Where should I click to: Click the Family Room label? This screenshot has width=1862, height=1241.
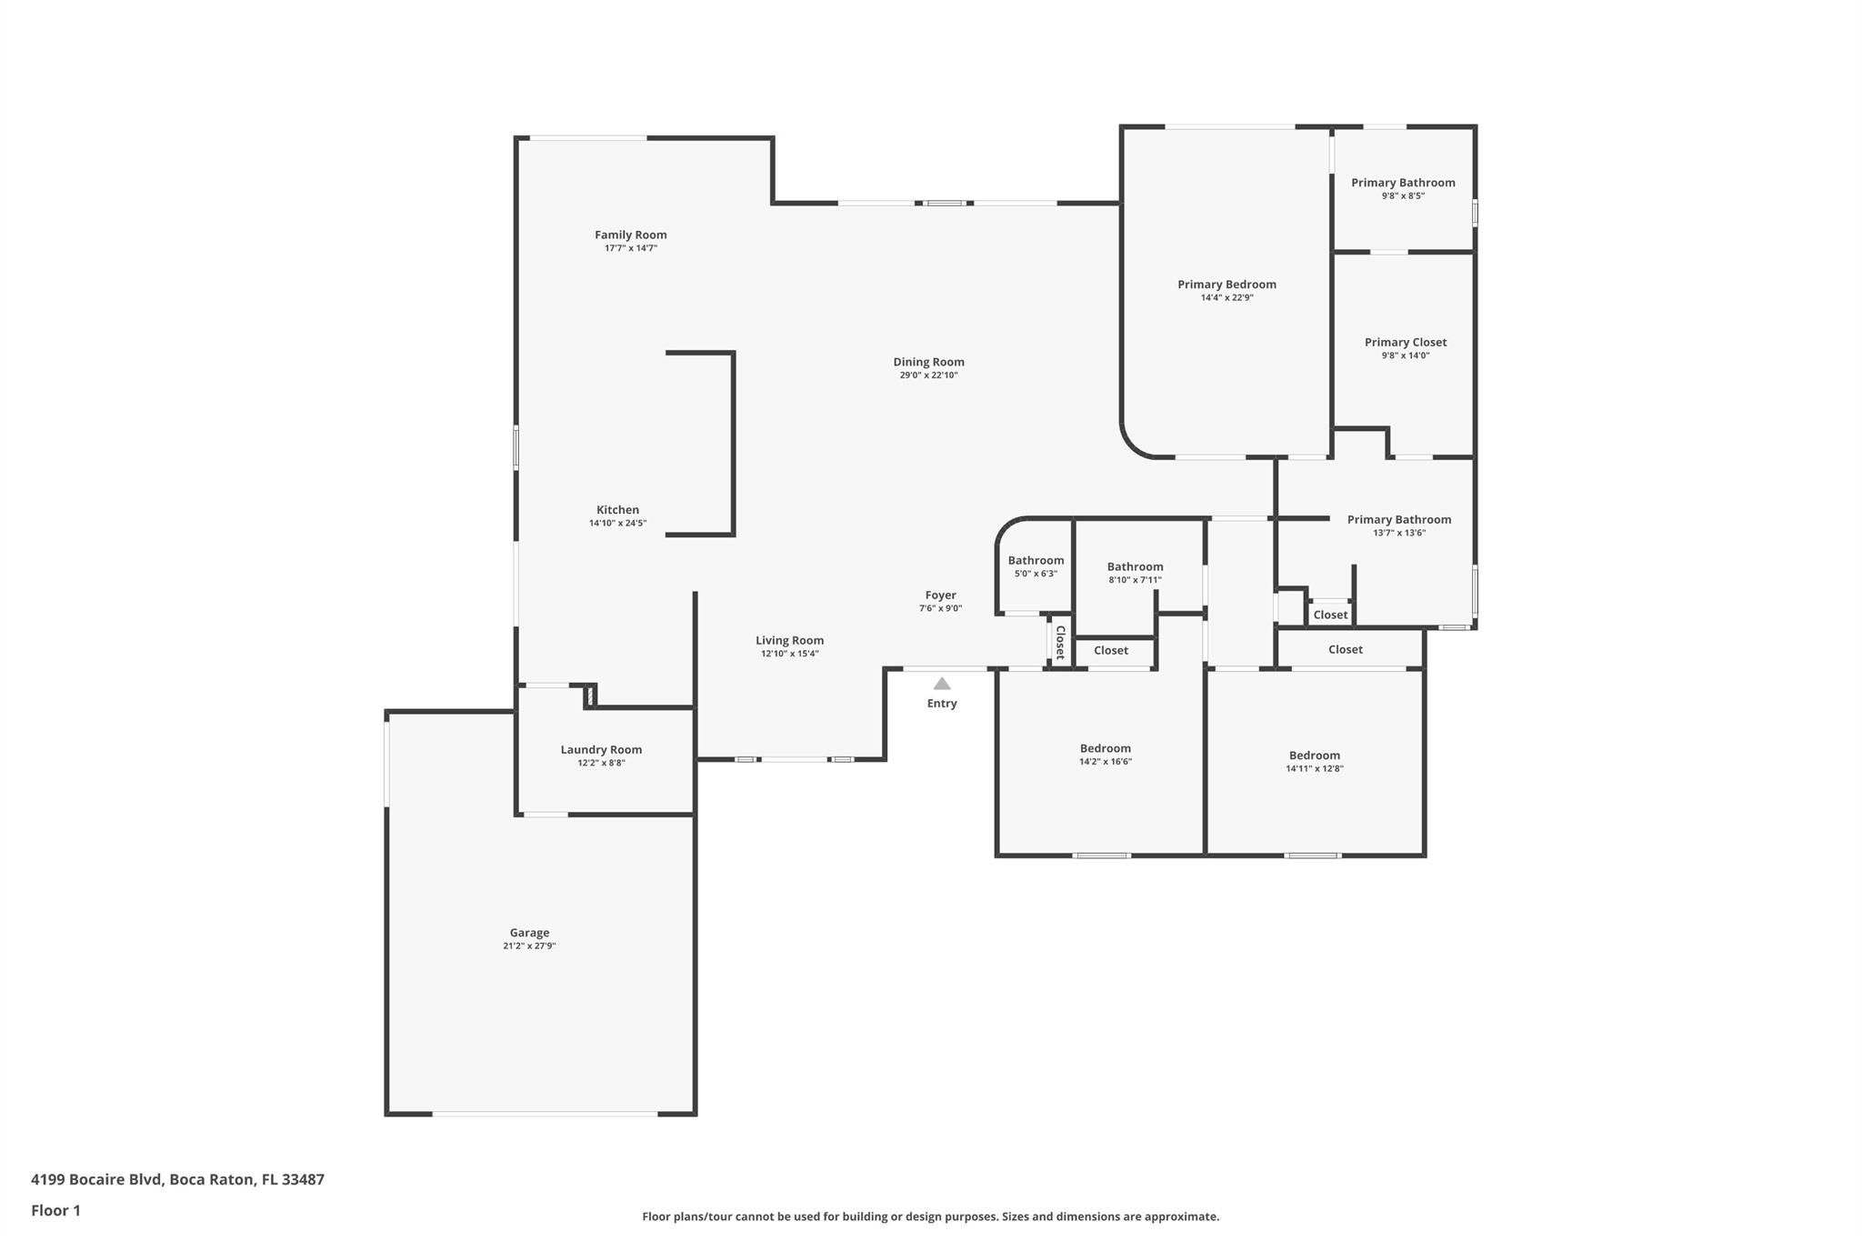point(631,235)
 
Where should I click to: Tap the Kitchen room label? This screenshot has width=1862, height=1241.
point(618,510)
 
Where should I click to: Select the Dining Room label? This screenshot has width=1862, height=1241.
point(929,362)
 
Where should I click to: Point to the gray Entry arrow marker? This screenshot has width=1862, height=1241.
point(942,684)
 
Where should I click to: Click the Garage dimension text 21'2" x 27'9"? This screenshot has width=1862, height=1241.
point(529,946)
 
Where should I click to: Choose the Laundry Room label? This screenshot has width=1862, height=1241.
point(601,750)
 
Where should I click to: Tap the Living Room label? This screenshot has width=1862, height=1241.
point(790,641)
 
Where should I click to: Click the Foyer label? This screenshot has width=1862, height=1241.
point(941,595)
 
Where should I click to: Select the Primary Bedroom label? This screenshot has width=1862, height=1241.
point(1227,285)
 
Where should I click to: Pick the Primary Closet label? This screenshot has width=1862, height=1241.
point(1406,343)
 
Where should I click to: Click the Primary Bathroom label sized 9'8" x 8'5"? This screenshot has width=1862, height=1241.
point(1403,183)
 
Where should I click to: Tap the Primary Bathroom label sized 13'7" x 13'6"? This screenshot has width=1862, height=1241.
point(1399,520)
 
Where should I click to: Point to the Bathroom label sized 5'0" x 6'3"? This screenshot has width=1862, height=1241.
point(1036,561)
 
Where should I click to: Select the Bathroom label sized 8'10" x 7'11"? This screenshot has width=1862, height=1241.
point(1136,567)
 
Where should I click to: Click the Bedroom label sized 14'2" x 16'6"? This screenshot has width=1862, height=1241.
point(1106,749)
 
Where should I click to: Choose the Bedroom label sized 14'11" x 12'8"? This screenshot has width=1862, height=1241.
point(1315,756)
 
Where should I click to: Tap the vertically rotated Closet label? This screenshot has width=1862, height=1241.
point(1060,642)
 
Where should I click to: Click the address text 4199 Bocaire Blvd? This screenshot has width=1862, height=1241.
point(96,1180)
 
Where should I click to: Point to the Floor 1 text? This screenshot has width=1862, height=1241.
point(55,1211)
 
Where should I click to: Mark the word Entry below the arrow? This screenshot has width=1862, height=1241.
point(942,704)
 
